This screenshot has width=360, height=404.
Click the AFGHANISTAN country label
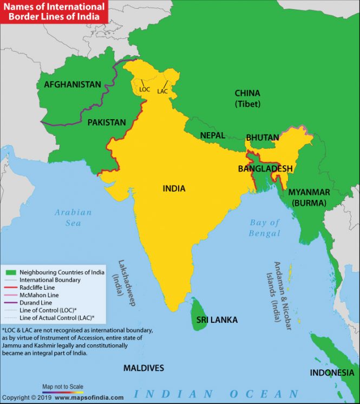(x=73, y=84)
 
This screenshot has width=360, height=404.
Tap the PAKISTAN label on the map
(x=107, y=122)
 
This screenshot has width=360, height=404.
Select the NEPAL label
(x=212, y=135)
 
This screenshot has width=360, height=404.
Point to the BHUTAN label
(x=263, y=138)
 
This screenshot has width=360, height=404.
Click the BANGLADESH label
(x=265, y=169)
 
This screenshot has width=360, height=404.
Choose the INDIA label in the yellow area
(x=174, y=188)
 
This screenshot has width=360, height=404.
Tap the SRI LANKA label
(x=217, y=320)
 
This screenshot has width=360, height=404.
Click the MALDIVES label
(x=143, y=368)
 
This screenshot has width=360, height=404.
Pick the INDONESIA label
(x=332, y=373)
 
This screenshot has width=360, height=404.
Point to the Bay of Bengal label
(x=265, y=228)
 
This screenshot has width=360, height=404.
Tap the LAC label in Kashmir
(x=162, y=92)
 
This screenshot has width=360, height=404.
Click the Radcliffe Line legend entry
(x=38, y=288)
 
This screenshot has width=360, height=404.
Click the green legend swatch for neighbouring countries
(x=11, y=272)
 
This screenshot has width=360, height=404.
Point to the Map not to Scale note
(x=63, y=387)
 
